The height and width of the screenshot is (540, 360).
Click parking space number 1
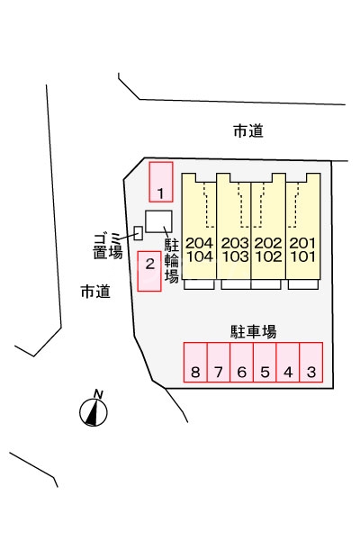(160, 181)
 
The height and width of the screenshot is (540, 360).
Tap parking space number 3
(311, 364)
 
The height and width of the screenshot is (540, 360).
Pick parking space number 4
(288, 364)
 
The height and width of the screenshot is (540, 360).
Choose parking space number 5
(265, 364)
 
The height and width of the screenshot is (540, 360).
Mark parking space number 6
(241, 364)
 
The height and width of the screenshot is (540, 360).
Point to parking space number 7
(219, 364)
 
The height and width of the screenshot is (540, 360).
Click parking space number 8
(195, 364)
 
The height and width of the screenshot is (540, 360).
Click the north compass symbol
(94, 409)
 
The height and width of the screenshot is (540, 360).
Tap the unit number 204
(201, 243)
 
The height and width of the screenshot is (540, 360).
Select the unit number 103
(234, 256)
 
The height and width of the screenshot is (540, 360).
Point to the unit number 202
(268, 243)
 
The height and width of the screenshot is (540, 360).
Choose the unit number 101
(302, 256)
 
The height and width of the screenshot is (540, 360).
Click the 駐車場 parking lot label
(253, 330)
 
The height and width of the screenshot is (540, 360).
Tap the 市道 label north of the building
(247, 131)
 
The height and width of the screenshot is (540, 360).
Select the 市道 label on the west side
(94, 291)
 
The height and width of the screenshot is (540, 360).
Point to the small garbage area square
(138, 233)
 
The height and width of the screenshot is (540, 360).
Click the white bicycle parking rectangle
(159, 221)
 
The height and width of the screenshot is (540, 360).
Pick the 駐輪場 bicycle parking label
(171, 262)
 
